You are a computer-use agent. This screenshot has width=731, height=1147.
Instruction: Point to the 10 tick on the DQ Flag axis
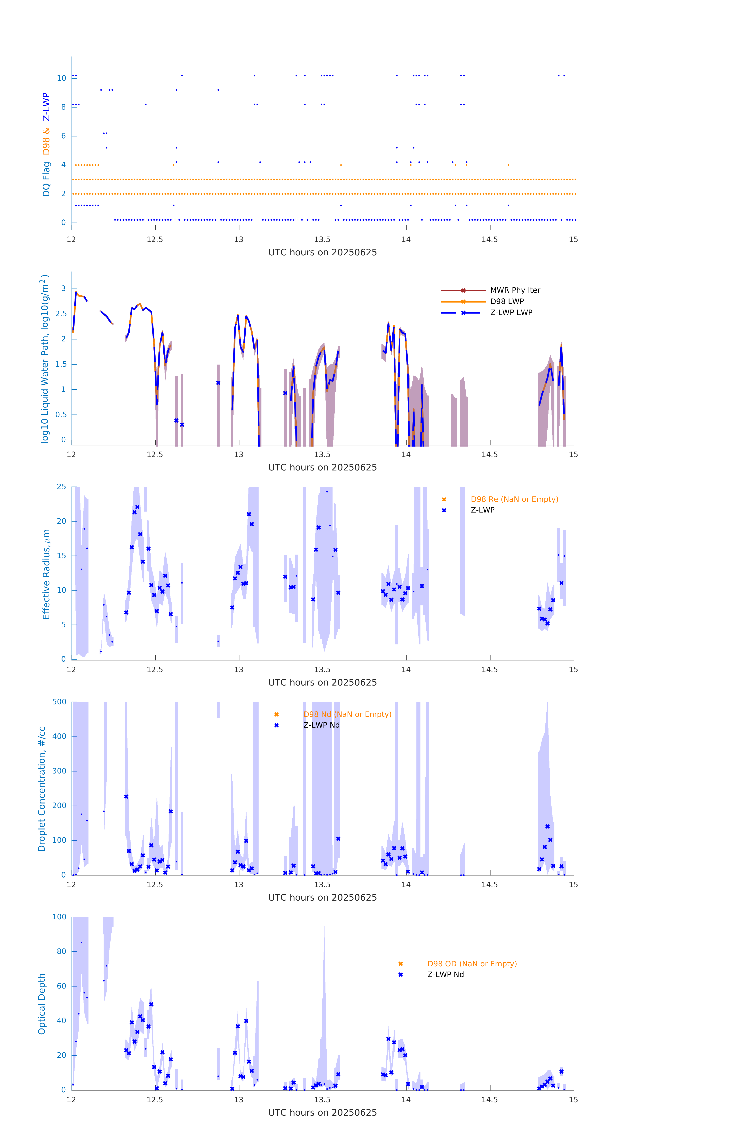pos(61,78)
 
